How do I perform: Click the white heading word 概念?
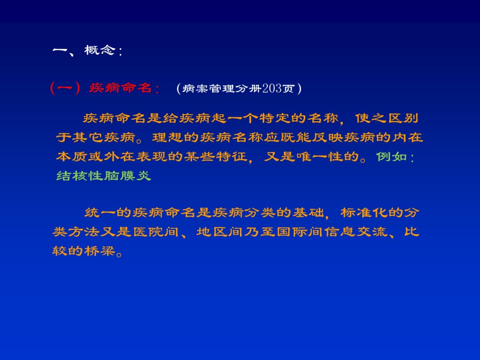100,50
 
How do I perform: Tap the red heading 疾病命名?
120,88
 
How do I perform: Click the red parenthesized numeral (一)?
65,88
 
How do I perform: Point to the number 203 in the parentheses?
272,88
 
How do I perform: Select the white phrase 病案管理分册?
222,89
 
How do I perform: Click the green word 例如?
392,157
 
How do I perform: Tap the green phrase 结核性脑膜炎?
104,176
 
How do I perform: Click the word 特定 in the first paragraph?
275,118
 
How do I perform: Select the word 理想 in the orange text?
168,137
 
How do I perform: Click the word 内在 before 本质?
408,137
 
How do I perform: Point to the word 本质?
72,157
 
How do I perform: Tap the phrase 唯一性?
320,157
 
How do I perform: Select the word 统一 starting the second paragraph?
100,213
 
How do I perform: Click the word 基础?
308,213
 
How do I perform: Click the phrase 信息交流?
356,232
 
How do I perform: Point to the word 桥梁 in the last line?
100,251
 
